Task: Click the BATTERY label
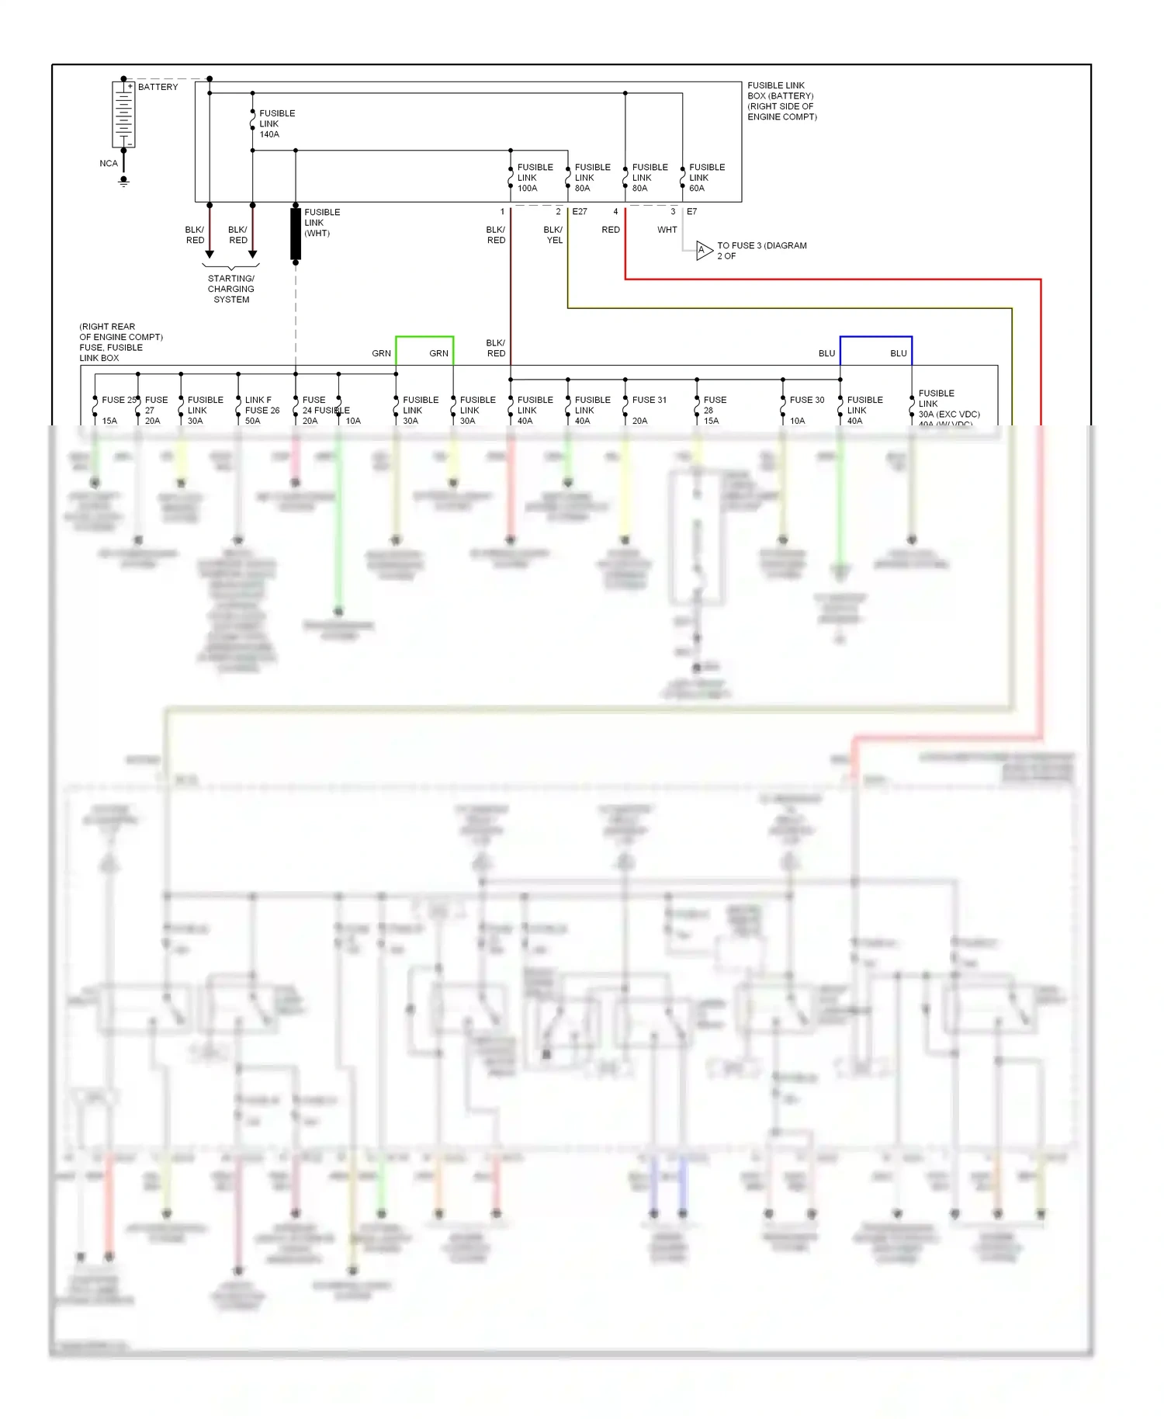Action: point(158,87)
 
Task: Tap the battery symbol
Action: point(123,114)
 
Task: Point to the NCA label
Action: point(109,164)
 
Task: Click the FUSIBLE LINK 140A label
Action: point(276,124)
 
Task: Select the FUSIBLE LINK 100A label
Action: point(535,178)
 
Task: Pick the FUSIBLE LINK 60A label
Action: point(706,178)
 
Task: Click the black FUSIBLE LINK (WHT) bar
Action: point(296,233)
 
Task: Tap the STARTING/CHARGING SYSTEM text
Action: point(231,289)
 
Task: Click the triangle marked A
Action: point(703,251)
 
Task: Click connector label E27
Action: point(580,212)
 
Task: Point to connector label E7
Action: point(691,212)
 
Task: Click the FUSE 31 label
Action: point(649,401)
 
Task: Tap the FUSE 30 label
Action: point(806,401)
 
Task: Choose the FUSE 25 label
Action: point(118,401)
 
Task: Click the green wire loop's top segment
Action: point(424,337)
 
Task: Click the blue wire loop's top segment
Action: point(875,337)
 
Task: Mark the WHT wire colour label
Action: point(667,231)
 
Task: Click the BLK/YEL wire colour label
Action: point(553,235)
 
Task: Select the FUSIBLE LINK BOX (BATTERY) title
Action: point(781,101)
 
